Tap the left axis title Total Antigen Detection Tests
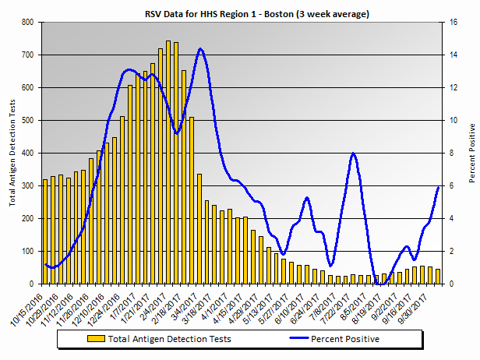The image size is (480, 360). (x=12, y=154)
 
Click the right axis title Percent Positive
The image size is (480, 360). (x=471, y=154)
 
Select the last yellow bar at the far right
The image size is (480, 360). (x=438, y=277)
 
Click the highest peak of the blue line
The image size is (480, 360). (x=200, y=49)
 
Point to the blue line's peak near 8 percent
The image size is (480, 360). (x=354, y=154)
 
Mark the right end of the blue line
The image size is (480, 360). (x=439, y=187)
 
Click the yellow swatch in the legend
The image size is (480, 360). (x=97, y=339)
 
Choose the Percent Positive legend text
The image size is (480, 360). (x=345, y=339)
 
